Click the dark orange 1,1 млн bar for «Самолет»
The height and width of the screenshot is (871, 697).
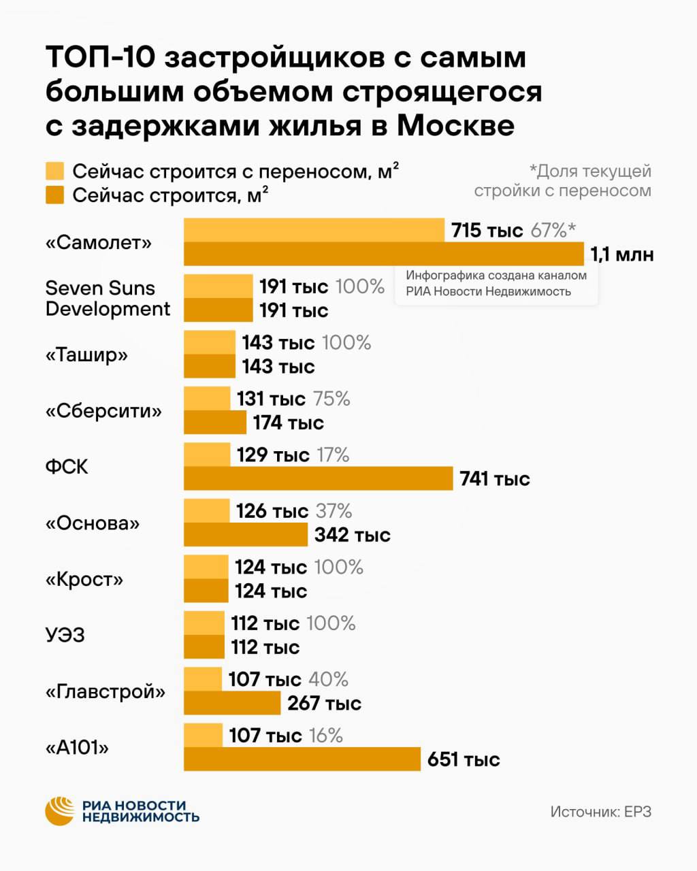click(383, 254)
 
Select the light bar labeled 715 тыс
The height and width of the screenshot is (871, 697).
click(314, 230)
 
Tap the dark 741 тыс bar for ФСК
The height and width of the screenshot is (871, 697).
click(319, 478)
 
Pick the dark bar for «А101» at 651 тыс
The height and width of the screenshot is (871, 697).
click(302, 759)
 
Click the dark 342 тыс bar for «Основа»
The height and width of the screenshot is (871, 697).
click(246, 534)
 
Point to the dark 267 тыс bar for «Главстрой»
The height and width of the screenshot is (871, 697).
click(232, 703)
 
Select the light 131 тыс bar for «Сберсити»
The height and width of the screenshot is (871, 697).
click(207, 399)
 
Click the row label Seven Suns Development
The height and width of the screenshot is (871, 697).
click(108, 299)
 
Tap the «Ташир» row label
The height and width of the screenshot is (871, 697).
click(86, 355)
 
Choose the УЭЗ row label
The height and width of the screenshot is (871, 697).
click(65, 635)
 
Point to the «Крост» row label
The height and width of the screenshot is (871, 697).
click(84, 579)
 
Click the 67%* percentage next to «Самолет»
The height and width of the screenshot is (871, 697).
click(553, 230)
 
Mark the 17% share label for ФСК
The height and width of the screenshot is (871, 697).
click(333, 455)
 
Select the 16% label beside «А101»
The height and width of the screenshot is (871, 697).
click(326, 736)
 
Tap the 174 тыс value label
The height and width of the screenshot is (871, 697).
click(289, 423)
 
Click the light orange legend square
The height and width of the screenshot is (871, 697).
click(54, 171)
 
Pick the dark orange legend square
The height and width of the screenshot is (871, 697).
click(54, 195)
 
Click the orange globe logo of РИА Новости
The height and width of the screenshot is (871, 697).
click(60, 811)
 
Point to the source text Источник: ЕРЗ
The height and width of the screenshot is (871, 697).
click(600, 812)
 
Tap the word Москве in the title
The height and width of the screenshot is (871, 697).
click(455, 126)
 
